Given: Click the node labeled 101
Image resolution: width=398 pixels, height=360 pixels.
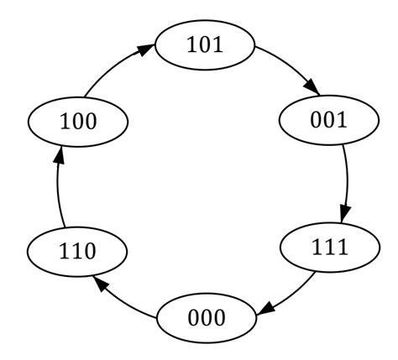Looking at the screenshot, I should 205,44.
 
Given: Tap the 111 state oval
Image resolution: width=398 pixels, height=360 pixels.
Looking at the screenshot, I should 328,248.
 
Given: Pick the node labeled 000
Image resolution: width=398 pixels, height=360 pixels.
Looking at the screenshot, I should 206,318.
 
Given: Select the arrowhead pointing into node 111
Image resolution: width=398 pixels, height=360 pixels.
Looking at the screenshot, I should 344,216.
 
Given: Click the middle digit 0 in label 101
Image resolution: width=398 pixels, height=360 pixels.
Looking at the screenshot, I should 205,44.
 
